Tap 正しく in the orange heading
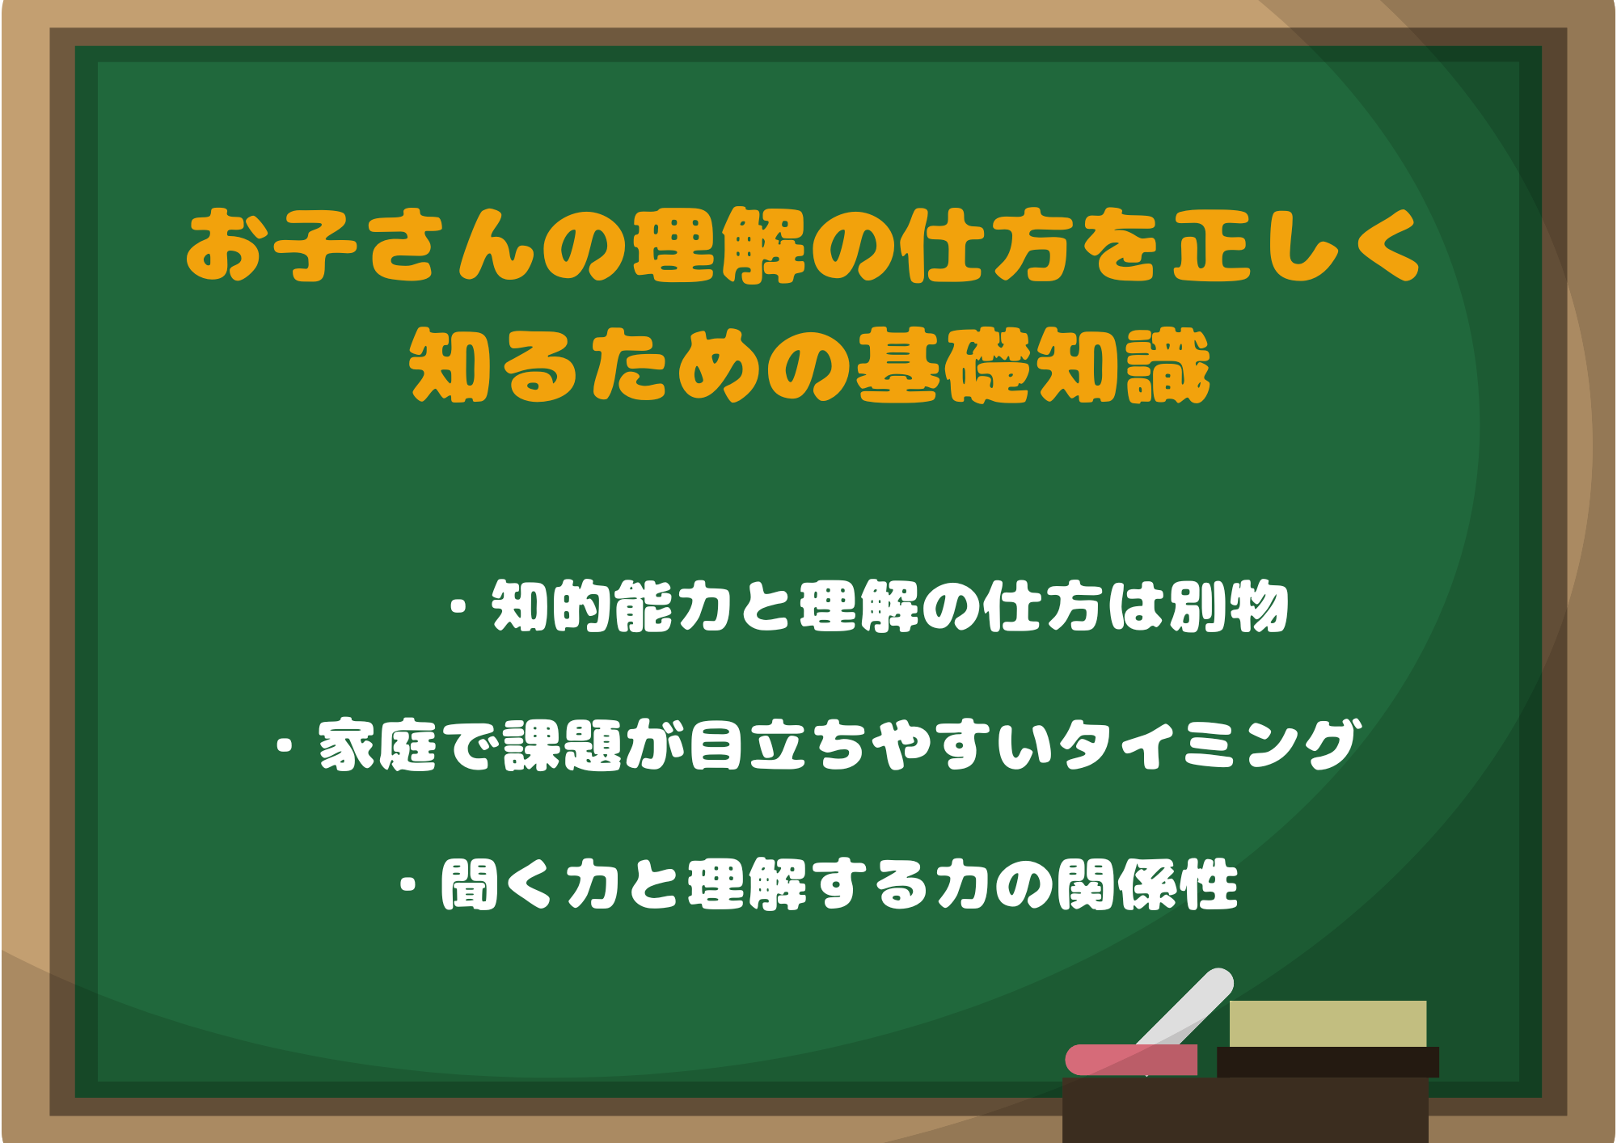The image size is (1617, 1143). pyautogui.click(x=1297, y=245)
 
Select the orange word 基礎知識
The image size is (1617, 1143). pyautogui.click(x=1034, y=365)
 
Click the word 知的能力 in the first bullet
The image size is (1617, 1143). pyautogui.click(x=612, y=606)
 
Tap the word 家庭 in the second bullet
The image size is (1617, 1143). pyautogui.click(x=378, y=744)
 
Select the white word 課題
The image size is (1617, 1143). pyautogui.click(x=563, y=744)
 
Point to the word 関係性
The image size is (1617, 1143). pyautogui.click(x=1148, y=884)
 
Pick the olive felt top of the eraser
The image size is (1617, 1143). pyautogui.click(x=1328, y=1023)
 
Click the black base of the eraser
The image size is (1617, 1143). pyautogui.click(x=1328, y=1062)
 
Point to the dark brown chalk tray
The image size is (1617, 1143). pyautogui.click(x=1245, y=1110)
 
